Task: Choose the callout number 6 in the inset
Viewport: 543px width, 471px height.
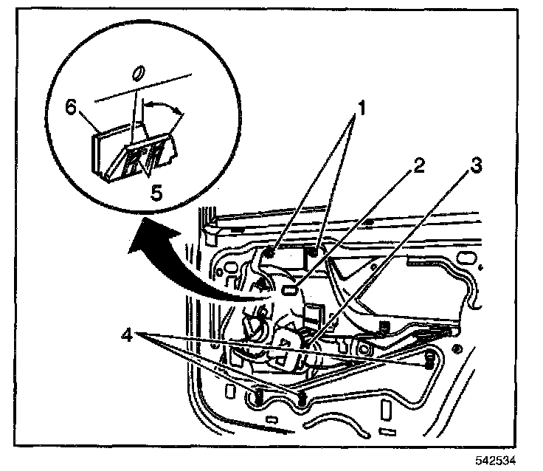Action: (72, 108)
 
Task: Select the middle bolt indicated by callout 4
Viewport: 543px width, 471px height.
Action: (302, 399)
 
